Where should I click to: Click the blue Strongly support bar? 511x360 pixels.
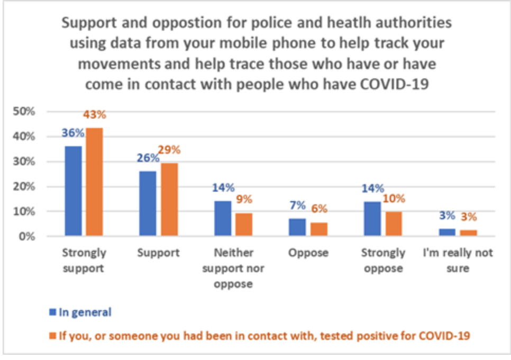(x=73, y=191)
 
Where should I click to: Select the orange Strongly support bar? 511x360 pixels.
(x=94, y=182)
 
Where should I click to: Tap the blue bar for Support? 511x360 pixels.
(x=148, y=203)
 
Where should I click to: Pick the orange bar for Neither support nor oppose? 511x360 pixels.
(x=244, y=224)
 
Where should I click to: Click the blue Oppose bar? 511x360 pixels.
(x=297, y=227)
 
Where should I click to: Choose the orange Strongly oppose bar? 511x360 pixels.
(x=394, y=223)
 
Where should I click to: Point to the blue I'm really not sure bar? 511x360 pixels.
(x=447, y=232)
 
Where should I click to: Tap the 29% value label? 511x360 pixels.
(x=169, y=150)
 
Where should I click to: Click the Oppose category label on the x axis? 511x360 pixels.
(x=308, y=253)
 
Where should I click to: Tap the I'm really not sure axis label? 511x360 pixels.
(x=458, y=260)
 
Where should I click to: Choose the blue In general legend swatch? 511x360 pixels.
(x=52, y=312)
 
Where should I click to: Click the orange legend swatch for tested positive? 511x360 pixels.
(x=52, y=335)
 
